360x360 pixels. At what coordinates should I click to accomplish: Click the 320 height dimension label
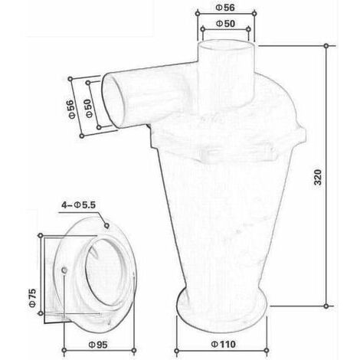coord(318,177)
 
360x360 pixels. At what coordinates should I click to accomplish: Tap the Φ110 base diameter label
coord(223,344)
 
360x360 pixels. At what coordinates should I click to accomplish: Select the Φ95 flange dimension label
coord(98,345)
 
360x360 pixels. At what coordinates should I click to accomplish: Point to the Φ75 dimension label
coord(32,298)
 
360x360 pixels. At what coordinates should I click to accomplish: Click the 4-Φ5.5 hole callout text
coord(78,205)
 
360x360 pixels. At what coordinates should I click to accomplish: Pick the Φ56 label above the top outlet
coord(225,8)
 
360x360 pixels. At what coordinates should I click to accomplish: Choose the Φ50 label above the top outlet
coord(226,24)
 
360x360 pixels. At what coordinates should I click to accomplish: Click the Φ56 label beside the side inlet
coord(72,109)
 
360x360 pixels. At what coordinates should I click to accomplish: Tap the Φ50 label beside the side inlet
coord(89,108)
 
